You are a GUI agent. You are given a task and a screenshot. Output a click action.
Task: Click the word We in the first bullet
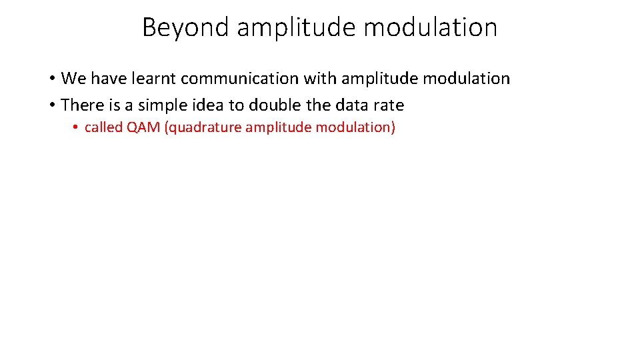[73, 79]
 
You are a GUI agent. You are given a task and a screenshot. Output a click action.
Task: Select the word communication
[240, 79]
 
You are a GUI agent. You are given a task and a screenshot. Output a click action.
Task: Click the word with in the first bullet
[320, 79]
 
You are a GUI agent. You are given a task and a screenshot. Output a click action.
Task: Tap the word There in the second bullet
[78, 105]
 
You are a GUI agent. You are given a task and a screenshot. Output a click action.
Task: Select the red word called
[103, 127]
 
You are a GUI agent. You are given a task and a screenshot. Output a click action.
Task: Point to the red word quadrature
[203, 127]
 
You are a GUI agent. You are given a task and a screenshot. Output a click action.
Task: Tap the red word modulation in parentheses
[353, 127]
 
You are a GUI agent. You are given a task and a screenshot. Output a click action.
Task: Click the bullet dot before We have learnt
[51, 79]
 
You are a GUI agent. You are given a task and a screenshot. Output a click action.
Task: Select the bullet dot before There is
[51, 106]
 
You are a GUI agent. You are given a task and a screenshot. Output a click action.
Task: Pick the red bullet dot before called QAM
[77, 128]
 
